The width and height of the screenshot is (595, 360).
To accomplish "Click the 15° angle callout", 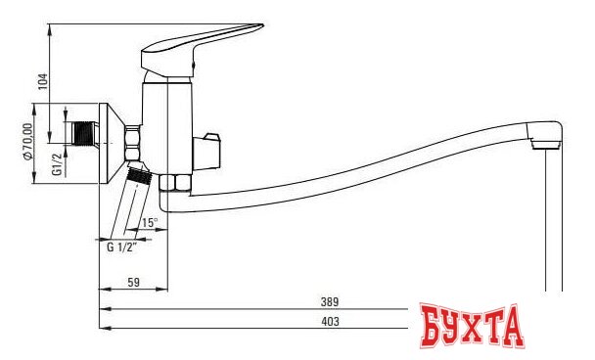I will coord(149,222).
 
